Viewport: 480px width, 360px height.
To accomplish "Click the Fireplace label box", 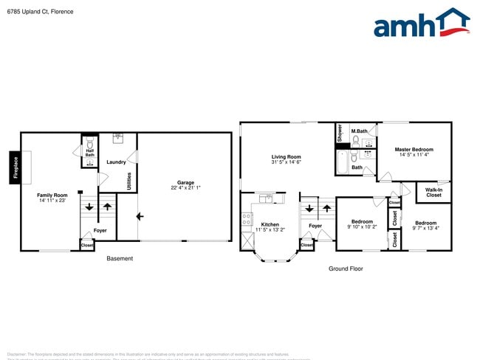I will [15, 167].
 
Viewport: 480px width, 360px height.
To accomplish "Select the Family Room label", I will [52, 195].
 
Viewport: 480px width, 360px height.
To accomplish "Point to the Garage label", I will [185, 182].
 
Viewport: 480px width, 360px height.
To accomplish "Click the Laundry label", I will [116, 162].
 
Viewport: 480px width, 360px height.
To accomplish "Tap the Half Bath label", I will [89, 153].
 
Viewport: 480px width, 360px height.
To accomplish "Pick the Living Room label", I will [286, 156].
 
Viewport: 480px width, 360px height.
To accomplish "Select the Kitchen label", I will [270, 224].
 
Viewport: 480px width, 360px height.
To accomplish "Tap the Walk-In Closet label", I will [433, 193].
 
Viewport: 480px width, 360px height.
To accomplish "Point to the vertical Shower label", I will [340, 134].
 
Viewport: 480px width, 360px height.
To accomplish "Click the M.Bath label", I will [360, 131].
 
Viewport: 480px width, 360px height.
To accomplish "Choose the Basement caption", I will [120, 258].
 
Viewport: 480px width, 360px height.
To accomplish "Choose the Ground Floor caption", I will [346, 269].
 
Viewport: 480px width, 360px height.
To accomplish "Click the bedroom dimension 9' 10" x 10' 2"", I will [362, 227].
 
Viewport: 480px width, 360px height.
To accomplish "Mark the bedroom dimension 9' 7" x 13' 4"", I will [425, 228].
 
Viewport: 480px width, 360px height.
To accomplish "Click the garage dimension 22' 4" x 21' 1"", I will [185, 188].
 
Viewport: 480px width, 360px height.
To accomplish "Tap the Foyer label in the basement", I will [100, 231].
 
